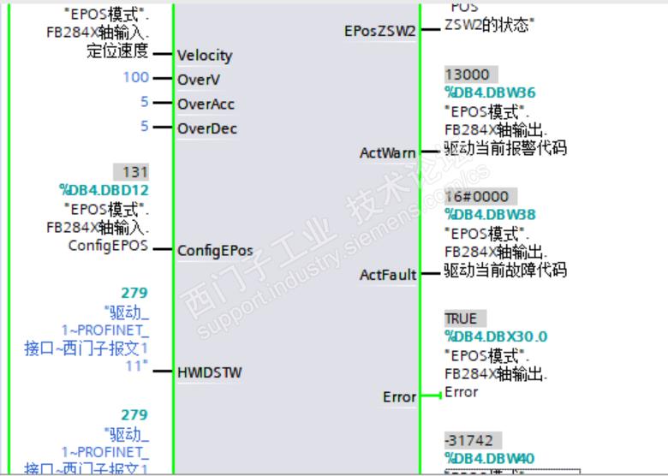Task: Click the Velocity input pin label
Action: pos(205,56)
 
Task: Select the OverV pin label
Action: pos(194,79)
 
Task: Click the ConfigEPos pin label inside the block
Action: pos(215,251)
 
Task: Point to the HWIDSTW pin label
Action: pos(209,372)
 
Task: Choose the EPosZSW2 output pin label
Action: pos(379,31)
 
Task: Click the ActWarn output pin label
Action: pos(388,153)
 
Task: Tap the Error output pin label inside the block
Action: pos(398,397)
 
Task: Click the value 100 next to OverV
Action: pos(135,78)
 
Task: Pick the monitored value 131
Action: pos(135,171)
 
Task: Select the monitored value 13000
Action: pos(467,75)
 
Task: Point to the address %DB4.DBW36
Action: pos(490,92)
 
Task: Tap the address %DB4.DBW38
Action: pos(490,214)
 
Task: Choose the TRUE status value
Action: pos(461,318)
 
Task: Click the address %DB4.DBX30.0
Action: pos(496,336)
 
